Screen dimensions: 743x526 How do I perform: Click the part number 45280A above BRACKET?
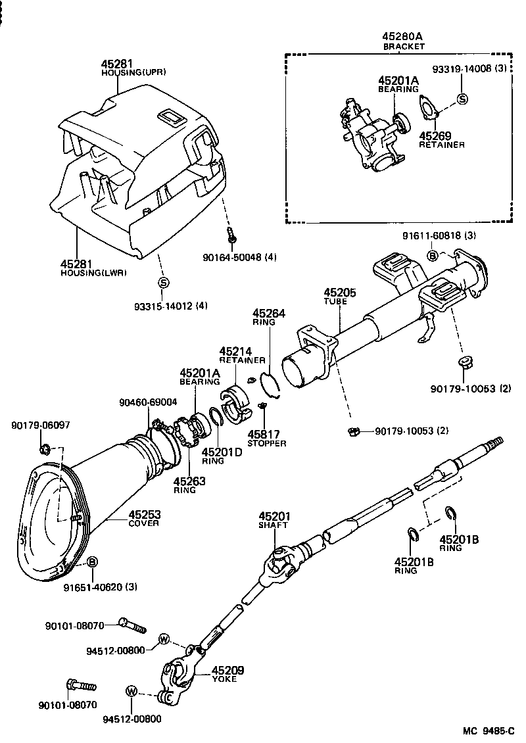click(x=404, y=37)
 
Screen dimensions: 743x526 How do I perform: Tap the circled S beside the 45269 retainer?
click(x=462, y=99)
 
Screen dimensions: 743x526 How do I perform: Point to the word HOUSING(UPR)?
click(x=133, y=72)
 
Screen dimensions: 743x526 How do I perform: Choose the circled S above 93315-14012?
click(x=163, y=283)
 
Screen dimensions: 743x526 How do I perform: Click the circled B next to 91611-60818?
click(x=433, y=256)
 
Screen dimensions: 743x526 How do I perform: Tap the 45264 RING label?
click(x=269, y=314)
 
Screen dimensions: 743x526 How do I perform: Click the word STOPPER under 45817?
click(x=267, y=443)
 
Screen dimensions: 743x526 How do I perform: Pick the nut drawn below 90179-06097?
click(x=45, y=450)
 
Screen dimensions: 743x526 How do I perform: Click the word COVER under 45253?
click(x=144, y=523)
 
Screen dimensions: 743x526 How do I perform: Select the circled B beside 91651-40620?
click(x=92, y=561)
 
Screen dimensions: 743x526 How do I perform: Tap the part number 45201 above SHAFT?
click(x=274, y=517)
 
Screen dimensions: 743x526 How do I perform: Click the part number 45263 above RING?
click(x=190, y=481)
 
